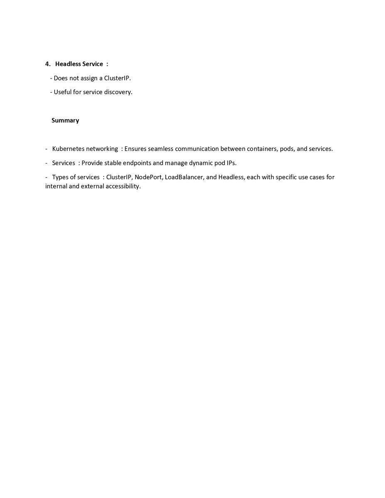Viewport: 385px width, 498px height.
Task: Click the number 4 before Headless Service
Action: [47, 64]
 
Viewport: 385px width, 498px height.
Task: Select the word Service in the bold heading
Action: [93, 64]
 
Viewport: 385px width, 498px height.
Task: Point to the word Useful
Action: [63, 92]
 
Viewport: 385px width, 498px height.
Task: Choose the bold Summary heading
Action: [65, 120]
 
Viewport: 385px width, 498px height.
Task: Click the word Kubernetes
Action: [68, 149]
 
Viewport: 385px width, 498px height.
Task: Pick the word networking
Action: [102, 149]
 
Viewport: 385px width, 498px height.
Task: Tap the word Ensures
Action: [135, 149]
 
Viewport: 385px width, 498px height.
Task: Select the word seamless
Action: [161, 149]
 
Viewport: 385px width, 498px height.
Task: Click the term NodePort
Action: [148, 177]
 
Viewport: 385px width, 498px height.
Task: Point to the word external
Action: [95, 186]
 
